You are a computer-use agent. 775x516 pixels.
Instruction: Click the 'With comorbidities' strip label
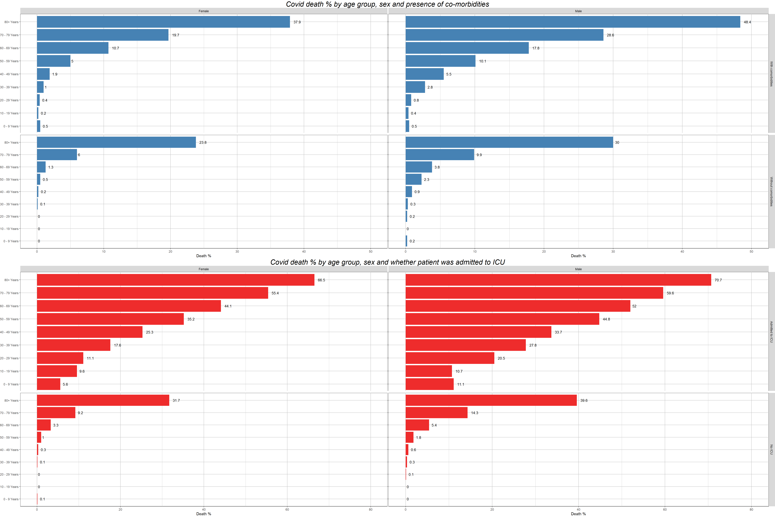(x=771, y=74)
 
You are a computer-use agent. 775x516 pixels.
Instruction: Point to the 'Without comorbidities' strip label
(x=771, y=191)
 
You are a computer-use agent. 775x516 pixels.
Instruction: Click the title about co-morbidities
(x=387, y=4)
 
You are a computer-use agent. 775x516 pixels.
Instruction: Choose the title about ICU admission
(x=387, y=262)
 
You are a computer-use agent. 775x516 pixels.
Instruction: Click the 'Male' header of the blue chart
(x=578, y=11)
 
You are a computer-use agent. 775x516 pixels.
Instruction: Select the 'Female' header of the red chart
(x=204, y=269)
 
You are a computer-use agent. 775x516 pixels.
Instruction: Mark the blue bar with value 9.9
(x=440, y=155)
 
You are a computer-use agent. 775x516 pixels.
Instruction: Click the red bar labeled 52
(x=518, y=306)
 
